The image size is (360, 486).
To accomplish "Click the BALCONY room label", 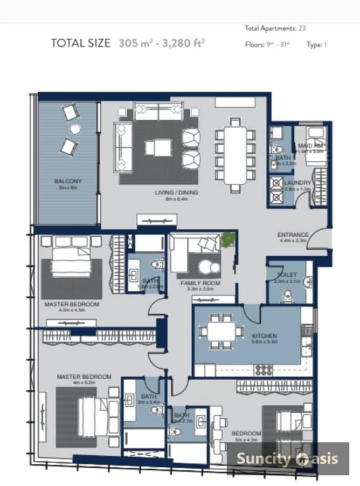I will click(67, 181).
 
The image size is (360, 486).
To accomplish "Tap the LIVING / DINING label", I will click(176, 193).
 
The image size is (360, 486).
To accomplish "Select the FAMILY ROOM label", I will click(199, 283).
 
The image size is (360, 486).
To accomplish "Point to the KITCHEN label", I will click(264, 336).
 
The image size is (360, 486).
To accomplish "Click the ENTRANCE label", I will click(293, 235).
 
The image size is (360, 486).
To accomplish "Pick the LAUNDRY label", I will click(297, 183).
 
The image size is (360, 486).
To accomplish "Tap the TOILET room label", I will click(287, 275).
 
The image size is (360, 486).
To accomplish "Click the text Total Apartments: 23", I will click(275, 28).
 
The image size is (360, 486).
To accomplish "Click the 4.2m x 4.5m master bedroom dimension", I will click(72, 311).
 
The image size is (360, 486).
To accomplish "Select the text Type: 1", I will click(317, 45).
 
